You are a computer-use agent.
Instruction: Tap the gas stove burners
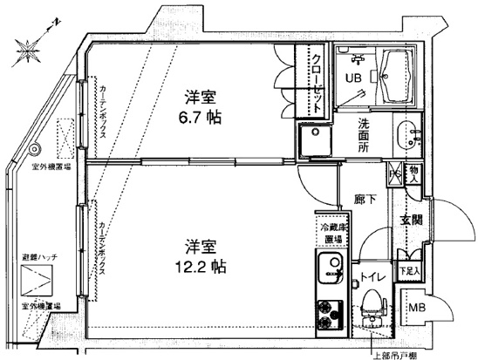(x=329, y=315)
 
